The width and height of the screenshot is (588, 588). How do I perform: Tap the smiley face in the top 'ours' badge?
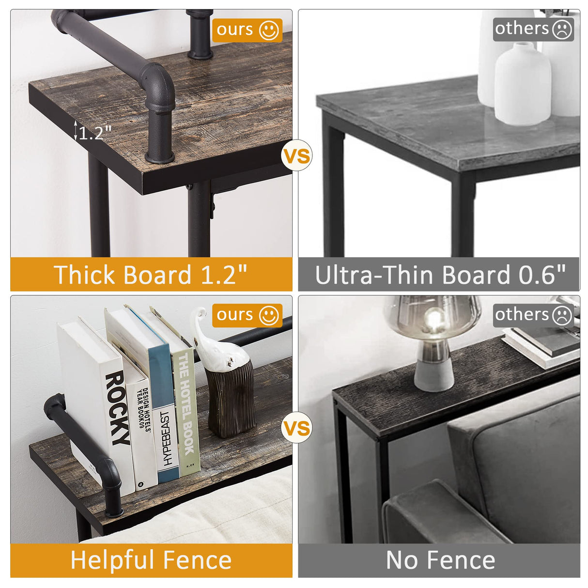pos(269,30)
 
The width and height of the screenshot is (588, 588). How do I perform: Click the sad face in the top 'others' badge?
pos(562,29)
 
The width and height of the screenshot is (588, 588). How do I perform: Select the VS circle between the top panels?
pos(296,156)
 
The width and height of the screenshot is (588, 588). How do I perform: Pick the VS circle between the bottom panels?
pos(296,428)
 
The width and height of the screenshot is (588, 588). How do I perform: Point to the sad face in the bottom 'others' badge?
pos(562,315)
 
